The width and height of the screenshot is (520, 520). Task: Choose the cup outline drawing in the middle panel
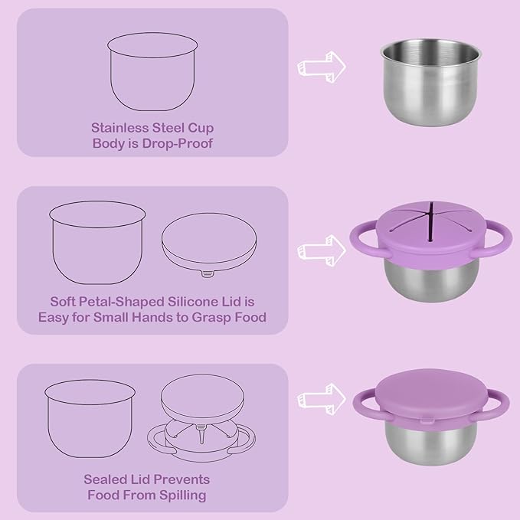pyautogui.click(x=98, y=245)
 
